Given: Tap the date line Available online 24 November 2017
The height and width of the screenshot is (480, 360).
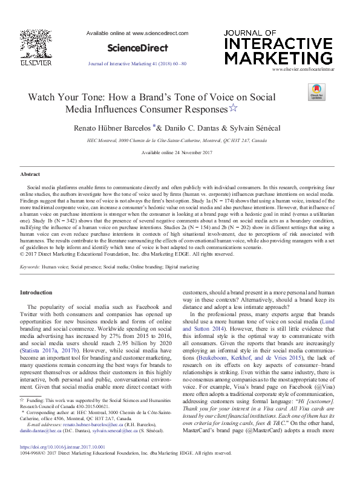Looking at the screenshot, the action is (x=176, y=153).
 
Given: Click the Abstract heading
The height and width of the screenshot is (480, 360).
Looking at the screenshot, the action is (x=30, y=174).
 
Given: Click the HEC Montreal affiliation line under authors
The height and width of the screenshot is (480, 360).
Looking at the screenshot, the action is (x=176, y=140).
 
